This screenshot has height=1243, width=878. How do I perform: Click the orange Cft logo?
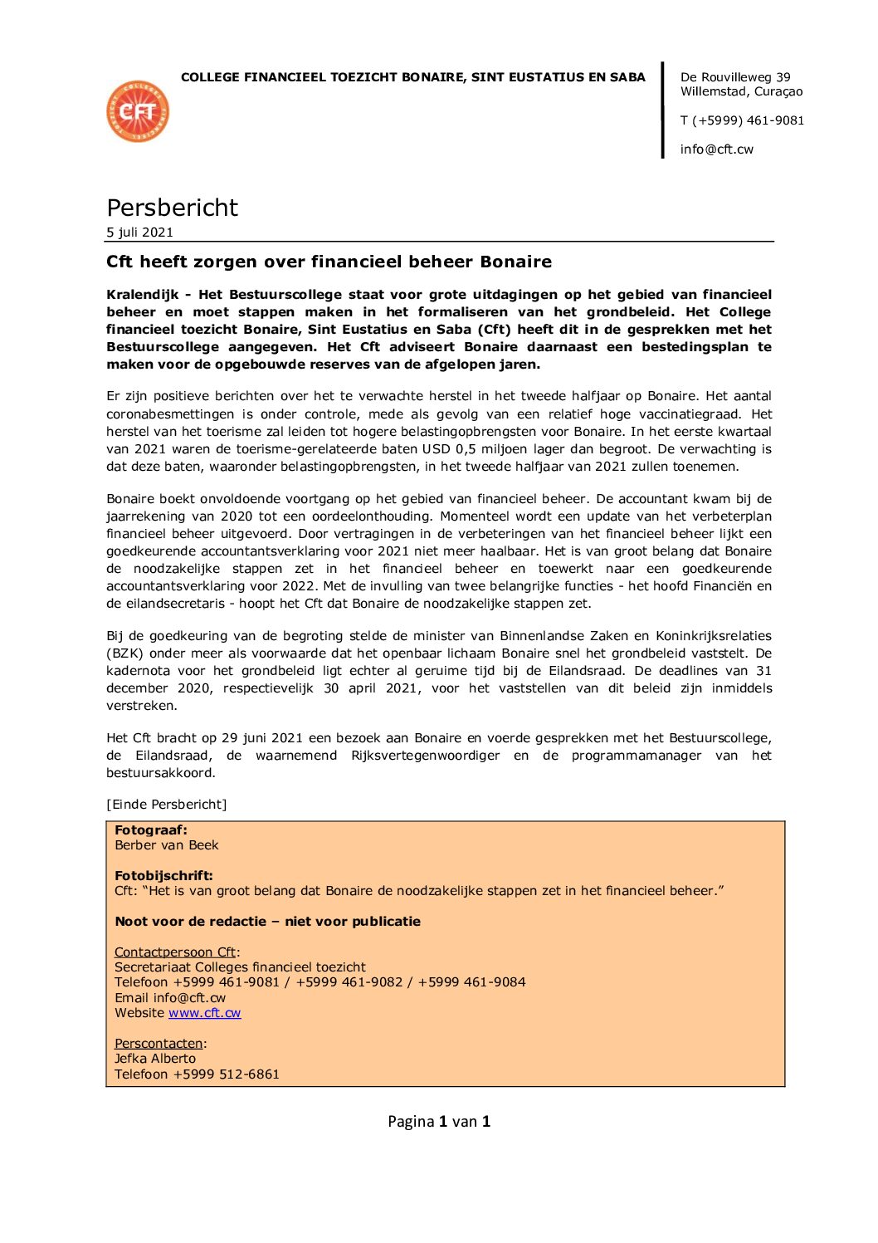point(138,111)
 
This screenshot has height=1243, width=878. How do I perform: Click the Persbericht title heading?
point(172,208)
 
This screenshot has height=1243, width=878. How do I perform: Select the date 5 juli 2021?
point(139,232)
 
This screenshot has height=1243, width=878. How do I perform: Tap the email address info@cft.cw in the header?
point(716,149)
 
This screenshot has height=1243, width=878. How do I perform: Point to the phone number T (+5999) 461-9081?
point(742,120)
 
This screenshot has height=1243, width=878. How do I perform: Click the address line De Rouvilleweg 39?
point(735,77)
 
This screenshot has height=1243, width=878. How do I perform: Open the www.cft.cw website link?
point(204,1013)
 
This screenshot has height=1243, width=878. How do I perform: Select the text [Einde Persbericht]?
point(166,805)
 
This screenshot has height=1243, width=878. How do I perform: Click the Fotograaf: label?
point(151,830)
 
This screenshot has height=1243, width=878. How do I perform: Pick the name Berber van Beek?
point(167,845)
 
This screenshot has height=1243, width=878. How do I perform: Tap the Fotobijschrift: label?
point(163,876)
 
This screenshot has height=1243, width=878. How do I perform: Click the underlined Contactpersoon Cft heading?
point(175,952)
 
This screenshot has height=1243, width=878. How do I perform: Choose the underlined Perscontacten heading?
point(159,1044)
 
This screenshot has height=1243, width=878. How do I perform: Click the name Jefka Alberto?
point(155,1059)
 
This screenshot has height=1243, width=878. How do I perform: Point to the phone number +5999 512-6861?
point(226,1074)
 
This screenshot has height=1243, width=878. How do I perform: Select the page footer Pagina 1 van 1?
point(439,1122)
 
